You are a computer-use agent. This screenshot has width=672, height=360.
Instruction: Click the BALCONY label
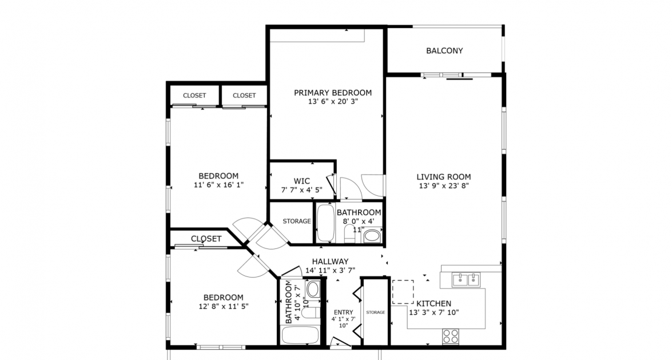[x=444, y=50]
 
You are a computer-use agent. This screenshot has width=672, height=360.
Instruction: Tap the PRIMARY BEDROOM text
[x=332, y=92]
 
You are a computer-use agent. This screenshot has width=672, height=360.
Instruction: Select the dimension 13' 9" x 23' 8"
[x=444, y=186]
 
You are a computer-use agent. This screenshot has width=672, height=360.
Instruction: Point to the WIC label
[x=301, y=181]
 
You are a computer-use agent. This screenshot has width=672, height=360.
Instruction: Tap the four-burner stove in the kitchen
[x=451, y=335]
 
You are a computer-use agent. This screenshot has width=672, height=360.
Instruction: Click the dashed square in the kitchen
[x=403, y=291]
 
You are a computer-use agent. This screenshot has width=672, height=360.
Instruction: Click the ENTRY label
[x=343, y=312]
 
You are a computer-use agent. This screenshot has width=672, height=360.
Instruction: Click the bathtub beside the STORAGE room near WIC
[x=326, y=223]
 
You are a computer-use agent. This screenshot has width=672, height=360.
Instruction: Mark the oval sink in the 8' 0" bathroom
[x=372, y=235]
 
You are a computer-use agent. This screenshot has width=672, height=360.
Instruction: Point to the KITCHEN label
[x=434, y=303]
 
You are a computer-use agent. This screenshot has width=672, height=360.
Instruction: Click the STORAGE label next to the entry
[x=376, y=312]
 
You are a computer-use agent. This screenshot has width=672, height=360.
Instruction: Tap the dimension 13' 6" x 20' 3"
[x=332, y=102]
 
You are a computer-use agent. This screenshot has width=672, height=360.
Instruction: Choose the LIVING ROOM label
[x=444, y=177]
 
